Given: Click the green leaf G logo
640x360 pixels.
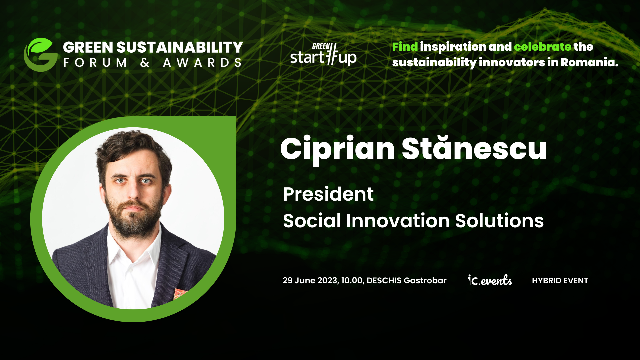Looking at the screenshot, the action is [40, 55].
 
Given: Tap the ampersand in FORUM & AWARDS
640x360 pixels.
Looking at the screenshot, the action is [145, 62].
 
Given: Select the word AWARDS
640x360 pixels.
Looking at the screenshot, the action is [202, 62].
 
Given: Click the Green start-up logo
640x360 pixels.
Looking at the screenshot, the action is [323, 54].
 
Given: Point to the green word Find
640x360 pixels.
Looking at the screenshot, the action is [405, 47].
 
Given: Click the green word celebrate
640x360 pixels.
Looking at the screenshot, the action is [543, 47].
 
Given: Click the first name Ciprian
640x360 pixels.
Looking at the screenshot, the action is [338, 149].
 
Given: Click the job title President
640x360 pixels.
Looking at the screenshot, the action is [328, 194].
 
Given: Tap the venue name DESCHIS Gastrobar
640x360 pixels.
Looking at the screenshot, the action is [406, 280].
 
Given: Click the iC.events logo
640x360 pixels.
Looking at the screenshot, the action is [490, 280].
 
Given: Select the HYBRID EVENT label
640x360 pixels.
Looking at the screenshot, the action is [560, 281].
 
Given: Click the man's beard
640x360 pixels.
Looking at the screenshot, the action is [133, 217].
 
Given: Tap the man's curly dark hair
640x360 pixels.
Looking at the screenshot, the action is [133, 147].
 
